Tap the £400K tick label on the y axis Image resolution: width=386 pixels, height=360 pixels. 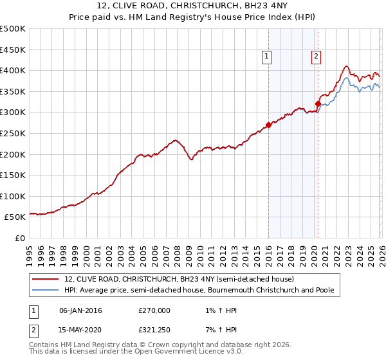[x=13, y=71]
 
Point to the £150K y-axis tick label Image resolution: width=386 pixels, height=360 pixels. [x=13, y=175]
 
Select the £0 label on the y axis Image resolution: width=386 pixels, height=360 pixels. [x=21, y=238]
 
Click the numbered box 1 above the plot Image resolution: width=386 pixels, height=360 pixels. [x=266, y=57]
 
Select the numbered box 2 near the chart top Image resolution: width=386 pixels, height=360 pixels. [x=316, y=57]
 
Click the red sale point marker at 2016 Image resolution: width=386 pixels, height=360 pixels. [x=268, y=125]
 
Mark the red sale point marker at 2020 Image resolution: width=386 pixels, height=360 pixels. [x=318, y=104]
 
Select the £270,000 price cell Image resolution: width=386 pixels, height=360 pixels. [x=154, y=310]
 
